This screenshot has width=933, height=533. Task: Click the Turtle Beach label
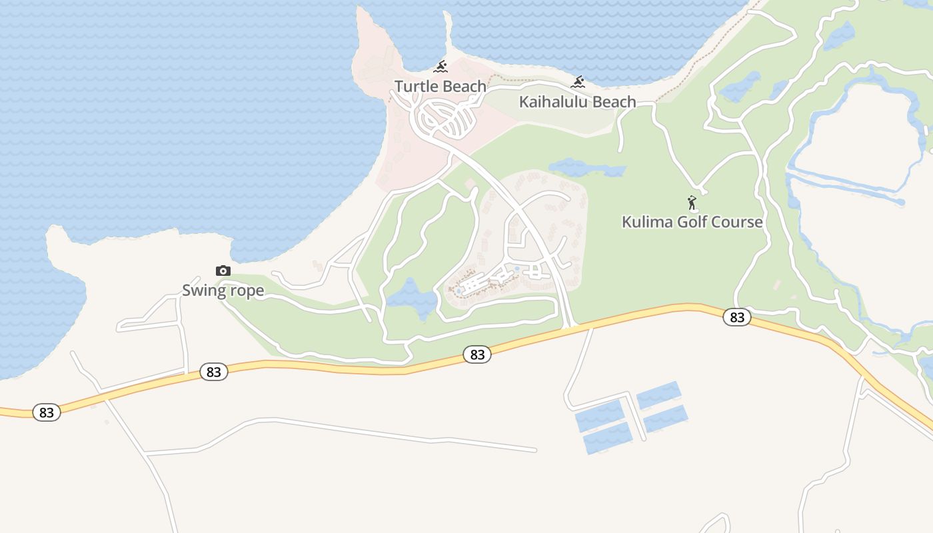(440, 86)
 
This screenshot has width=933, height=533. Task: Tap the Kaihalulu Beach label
(577, 102)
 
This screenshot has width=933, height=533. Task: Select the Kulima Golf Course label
(692, 222)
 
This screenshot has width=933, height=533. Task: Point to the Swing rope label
(223, 290)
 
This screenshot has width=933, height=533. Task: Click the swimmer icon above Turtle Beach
(440, 67)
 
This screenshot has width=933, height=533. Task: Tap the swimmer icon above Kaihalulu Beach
(578, 83)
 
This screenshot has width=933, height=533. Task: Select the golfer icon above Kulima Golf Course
(692, 203)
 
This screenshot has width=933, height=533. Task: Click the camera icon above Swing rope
(223, 270)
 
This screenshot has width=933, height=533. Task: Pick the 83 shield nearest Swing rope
(213, 372)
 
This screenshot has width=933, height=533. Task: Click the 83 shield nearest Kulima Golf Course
(736, 317)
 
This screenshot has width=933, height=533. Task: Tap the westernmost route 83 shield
(46, 412)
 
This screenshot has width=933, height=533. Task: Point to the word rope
(246, 291)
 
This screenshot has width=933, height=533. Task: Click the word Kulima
(646, 222)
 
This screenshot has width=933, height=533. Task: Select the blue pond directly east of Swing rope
(411, 298)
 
